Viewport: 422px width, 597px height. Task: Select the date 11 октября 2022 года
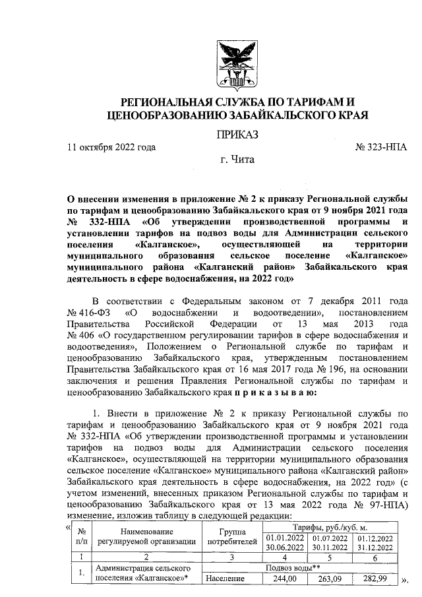pos(112,148)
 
